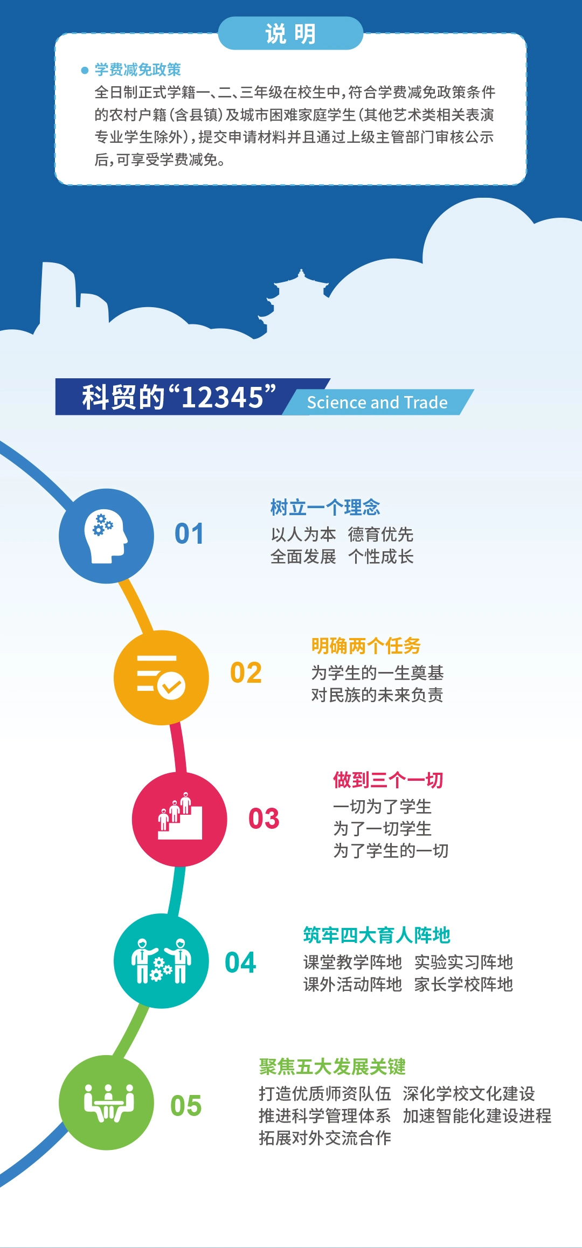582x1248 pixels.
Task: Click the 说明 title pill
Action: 290,33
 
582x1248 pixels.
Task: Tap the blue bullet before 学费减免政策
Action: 85,70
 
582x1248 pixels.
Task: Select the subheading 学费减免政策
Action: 138,70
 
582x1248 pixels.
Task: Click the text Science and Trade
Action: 377,403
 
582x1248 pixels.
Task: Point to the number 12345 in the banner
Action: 221,397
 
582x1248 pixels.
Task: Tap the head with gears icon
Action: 106,536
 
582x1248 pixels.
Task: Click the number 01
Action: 189,534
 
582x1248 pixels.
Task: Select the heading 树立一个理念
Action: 325,508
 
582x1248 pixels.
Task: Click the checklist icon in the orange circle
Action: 161,677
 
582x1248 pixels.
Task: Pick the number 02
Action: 246,673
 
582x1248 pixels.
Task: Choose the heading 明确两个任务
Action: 366,646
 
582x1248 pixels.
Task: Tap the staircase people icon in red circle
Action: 180,816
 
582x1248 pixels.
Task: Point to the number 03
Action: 264,819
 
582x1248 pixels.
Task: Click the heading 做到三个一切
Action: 388,780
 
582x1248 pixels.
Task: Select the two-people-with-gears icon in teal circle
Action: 161,961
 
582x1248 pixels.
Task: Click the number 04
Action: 240,963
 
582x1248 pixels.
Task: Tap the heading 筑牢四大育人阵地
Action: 377,935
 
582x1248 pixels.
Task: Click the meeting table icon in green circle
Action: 109,1103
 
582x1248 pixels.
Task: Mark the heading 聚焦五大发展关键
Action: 332,1066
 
